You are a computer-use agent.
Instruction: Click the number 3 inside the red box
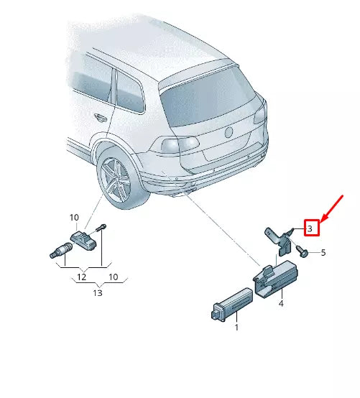pyautogui.click(x=310, y=228)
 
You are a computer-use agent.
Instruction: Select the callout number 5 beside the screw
pyautogui.click(x=323, y=253)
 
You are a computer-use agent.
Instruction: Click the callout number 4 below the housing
pyautogui.click(x=281, y=305)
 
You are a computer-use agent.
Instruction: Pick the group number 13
pyautogui.click(x=98, y=292)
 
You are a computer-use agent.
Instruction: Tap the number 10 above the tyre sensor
pyautogui.click(x=74, y=217)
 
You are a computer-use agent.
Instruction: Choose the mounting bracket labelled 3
pyautogui.click(x=277, y=239)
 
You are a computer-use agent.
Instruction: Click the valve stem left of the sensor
pyautogui.click(x=57, y=251)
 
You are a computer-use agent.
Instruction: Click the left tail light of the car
pyautogui.click(x=178, y=145)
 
